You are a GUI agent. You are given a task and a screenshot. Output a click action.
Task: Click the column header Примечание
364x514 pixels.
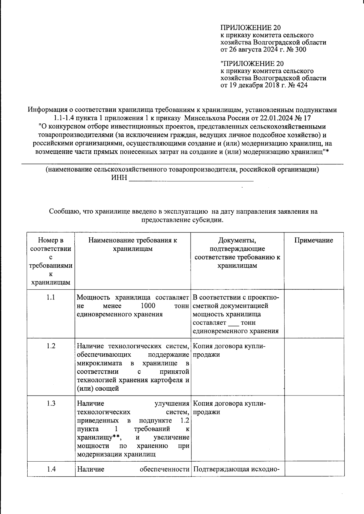point(314,240)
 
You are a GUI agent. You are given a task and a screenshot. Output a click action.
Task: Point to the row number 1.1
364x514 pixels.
point(51,297)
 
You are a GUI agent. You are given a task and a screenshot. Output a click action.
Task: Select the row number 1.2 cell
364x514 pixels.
point(51,346)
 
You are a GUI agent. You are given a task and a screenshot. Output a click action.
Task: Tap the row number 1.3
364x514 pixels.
point(51,403)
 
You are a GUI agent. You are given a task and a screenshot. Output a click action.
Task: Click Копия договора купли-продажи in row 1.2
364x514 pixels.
point(229,350)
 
